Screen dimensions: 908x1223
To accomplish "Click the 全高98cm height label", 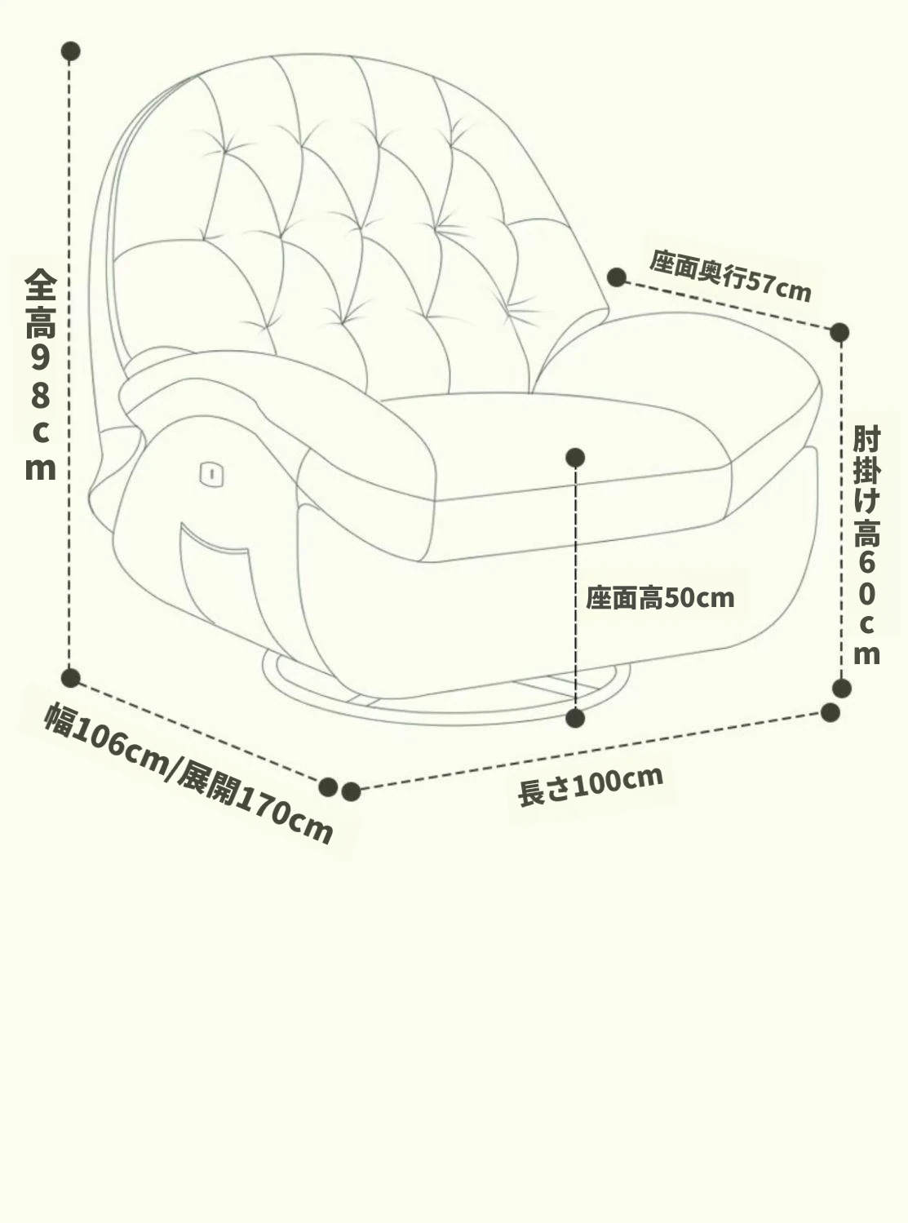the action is click(x=40, y=375).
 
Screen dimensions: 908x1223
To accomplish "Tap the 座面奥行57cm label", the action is click(x=730, y=277).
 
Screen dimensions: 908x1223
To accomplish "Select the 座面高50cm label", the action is click(x=660, y=598).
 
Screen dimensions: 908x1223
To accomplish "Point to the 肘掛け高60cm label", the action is click(x=866, y=545).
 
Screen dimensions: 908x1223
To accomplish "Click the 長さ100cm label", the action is click(x=591, y=785).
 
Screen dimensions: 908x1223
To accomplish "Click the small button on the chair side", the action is click(x=211, y=474).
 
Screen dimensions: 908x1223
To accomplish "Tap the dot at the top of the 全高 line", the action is click(x=70, y=51).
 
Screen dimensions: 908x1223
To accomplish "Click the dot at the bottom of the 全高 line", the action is click(x=70, y=678).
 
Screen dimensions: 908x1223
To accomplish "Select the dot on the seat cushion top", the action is click(x=575, y=457).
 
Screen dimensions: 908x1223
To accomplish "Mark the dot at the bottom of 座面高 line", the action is click(x=575, y=718).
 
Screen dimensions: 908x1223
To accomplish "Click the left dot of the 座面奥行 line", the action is click(x=617, y=277).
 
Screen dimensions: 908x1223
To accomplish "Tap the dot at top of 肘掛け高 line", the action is click(x=839, y=332).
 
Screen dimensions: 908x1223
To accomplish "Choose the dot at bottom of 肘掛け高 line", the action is click(x=841, y=688).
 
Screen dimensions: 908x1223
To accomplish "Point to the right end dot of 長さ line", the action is click(x=830, y=712).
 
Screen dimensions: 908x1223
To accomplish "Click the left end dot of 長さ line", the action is click(x=351, y=791).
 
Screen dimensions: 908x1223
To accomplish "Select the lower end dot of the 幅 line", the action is click(x=328, y=787).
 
